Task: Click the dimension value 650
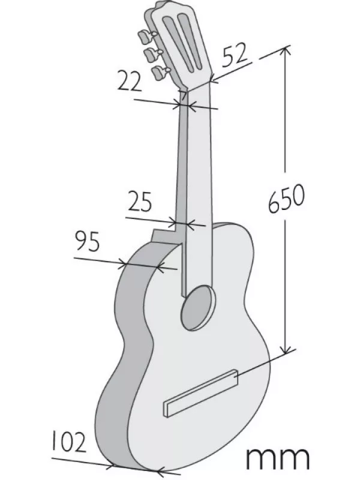[287, 199]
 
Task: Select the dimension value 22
[130, 81]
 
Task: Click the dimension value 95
[88, 241]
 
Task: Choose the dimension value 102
[68, 442]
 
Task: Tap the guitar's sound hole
[199, 308]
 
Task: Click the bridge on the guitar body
[202, 392]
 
